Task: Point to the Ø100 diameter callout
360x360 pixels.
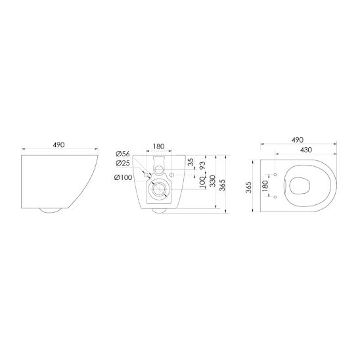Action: click(x=123, y=178)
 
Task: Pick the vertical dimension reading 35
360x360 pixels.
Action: click(x=191, y=162)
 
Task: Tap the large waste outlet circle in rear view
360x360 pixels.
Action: click(x=158, y=191)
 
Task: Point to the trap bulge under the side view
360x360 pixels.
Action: click(x=51, y=211)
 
